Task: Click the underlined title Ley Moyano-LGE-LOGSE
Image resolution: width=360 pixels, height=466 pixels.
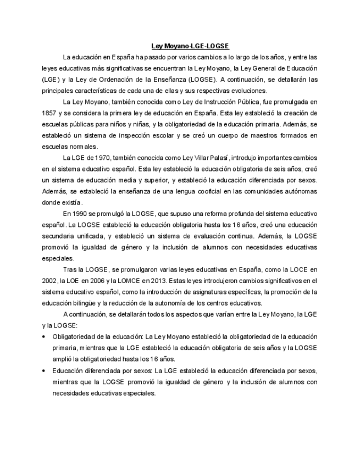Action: click(190, 46)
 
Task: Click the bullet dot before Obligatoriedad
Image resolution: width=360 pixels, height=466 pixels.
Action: click(45, 337)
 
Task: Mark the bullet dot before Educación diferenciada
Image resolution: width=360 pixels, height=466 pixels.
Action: click(45, 371)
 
